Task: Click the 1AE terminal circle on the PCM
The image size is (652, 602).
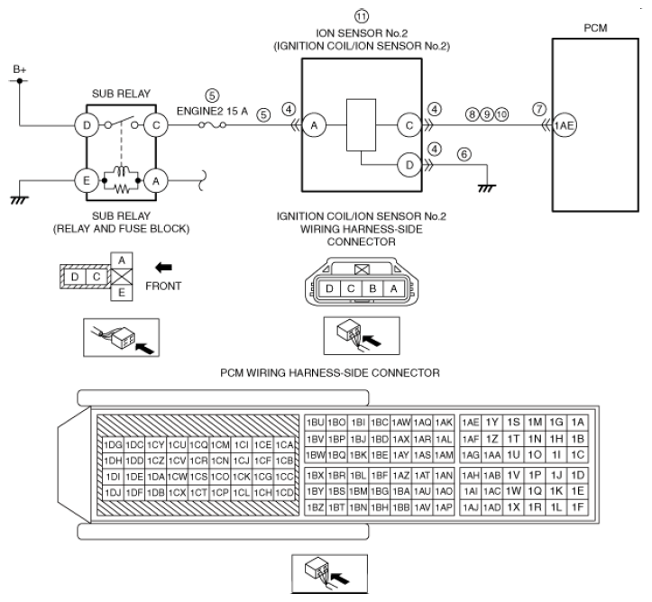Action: [x=565, y=125]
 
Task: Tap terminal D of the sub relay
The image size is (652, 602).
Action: [x=87, y=125]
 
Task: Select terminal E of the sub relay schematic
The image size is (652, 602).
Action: [x=87, y=181]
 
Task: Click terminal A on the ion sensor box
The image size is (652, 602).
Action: [x=314, y=125]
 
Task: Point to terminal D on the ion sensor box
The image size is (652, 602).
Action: [x=409, y=165]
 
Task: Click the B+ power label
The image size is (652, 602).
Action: [x=20, y=69]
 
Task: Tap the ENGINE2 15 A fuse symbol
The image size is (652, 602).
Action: [x=212, y=124]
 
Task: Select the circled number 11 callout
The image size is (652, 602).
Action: [x=362, y=16]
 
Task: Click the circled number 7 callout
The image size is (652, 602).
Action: [x=539, y=109]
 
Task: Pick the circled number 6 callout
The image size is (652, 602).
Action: [x=464, y=154]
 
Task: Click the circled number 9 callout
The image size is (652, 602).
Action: [x=487, y=114]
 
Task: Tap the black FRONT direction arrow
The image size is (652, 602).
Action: [x=163, y=268]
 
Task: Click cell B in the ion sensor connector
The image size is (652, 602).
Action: [x=372, y=288]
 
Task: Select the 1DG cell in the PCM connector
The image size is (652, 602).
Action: [x=113, y=445]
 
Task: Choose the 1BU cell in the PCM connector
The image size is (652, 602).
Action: [x=316, y=423]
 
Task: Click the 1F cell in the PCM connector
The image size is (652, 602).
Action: [x=577, y=507]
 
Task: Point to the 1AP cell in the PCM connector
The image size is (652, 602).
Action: [x=444, y=507]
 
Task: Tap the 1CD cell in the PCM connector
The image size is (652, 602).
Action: [x=284, y=492]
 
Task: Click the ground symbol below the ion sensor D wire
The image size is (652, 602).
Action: [x=487, y=188]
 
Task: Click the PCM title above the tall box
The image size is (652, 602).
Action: [x=595, y=28]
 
